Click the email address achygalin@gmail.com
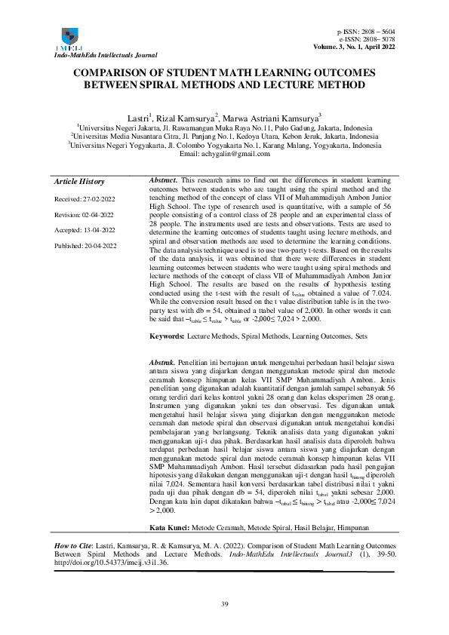click(x=224, y=154)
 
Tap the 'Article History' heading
click(x=79, y=182)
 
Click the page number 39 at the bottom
click(x=224, y=605)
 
